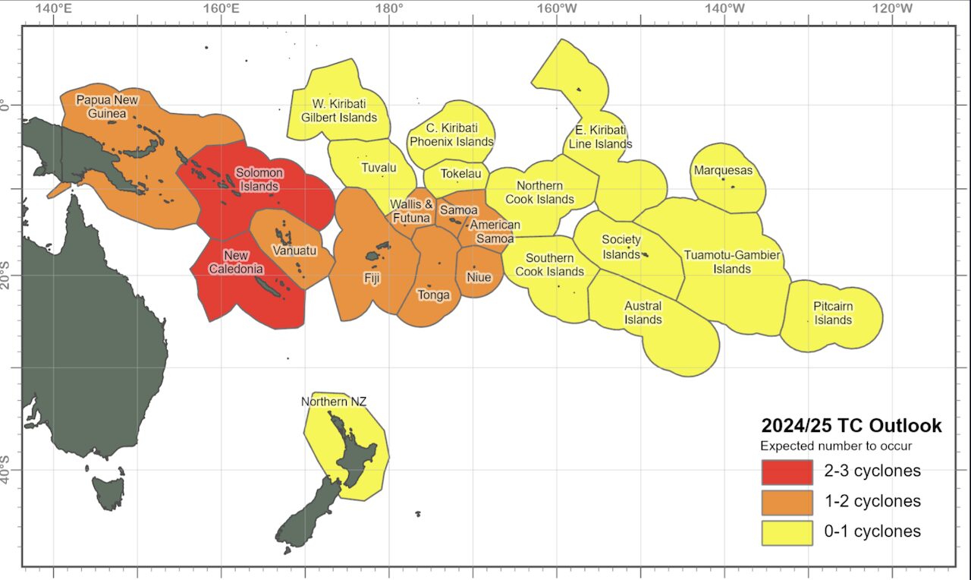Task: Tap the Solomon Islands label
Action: (x=259, y=179)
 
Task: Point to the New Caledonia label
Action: (x=244, y=262)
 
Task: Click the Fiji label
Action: (x=372, y=278)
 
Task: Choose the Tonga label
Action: (x=434, y=295)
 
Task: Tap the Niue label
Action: (x=479, y=277)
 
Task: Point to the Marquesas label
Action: (x=723, y=170)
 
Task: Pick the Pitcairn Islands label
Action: (x=833, y=314)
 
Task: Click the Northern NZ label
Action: (x=334, y=402)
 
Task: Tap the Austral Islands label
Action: (x=643, y=313)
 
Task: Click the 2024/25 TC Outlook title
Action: (x=851, y=426)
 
